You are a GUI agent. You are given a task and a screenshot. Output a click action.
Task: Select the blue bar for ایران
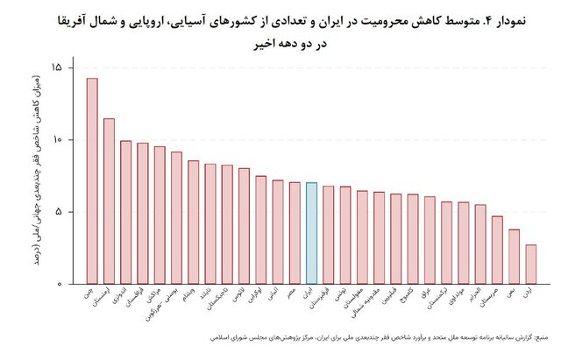coord(311,233)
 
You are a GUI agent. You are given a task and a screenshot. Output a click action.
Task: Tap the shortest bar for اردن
coord(530,265)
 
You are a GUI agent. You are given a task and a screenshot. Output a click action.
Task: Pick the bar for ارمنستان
coord(109,201)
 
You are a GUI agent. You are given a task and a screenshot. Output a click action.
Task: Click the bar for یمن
coord(514,257)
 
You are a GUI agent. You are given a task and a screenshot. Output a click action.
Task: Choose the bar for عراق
coord(430,240)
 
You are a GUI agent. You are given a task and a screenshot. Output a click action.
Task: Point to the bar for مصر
coord(295,233)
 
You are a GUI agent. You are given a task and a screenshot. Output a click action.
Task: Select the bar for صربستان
coord(497,250)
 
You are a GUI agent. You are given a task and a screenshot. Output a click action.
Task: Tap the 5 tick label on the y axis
coord(59,212)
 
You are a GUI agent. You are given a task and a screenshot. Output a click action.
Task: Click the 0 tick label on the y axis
coord(59,284)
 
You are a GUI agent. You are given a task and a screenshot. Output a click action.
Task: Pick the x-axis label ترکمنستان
coord(440,301)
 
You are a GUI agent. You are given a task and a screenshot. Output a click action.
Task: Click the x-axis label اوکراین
coord(255,298)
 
